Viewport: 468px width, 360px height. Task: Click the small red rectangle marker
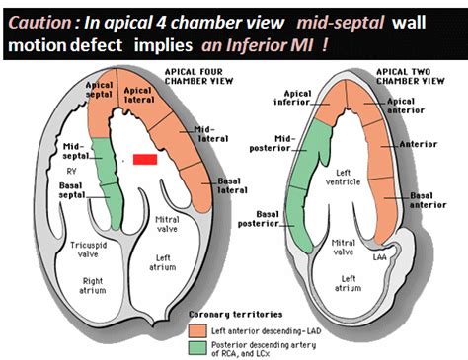pos(145,158)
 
